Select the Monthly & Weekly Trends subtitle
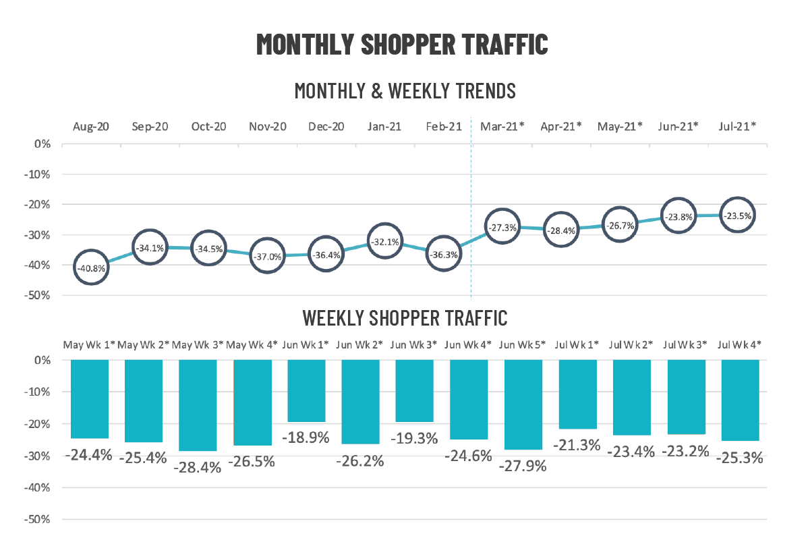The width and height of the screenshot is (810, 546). point(405,90)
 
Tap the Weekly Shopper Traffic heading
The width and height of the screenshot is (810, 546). point(405,317)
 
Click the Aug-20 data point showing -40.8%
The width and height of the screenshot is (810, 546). point(91,267)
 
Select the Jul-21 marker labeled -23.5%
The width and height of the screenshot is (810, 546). point(738,216)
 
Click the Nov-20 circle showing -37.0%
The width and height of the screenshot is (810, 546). point(267,255)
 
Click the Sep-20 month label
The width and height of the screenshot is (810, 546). point(150,126)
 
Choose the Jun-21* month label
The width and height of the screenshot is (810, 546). point(678,126)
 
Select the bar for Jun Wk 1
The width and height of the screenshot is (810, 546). point(306,390)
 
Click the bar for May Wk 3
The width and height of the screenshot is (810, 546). point(198,405)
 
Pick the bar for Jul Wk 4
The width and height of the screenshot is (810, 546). point(740,400)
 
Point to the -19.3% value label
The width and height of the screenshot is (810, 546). point(414,439)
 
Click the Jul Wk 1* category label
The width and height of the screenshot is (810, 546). point(577,344)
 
